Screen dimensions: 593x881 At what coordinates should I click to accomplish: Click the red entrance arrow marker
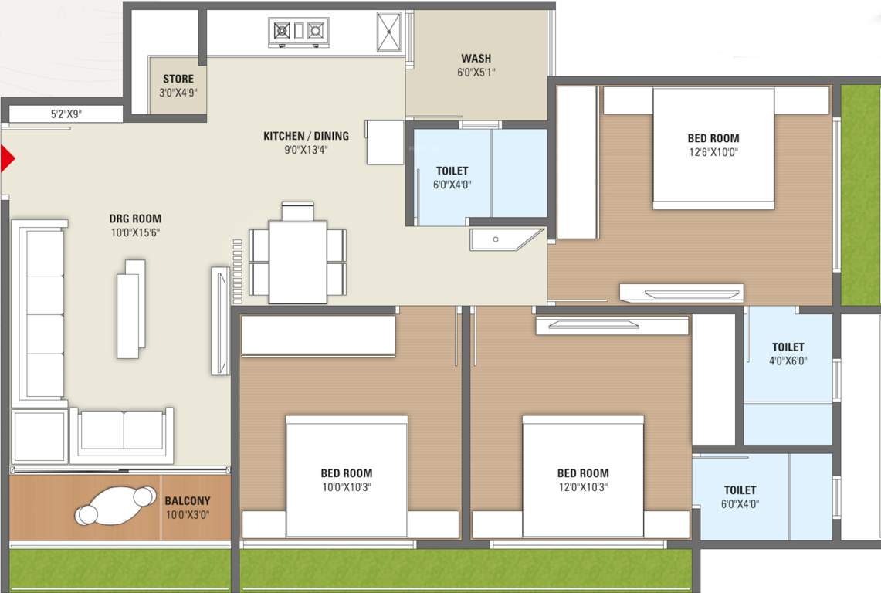(7, 158)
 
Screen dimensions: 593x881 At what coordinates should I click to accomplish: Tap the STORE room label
(178, 79)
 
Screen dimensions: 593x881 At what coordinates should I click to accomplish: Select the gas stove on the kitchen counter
(298, 31)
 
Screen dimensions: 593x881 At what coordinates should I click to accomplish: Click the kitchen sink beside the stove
(388, 31)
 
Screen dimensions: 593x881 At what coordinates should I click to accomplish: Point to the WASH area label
(476, 59)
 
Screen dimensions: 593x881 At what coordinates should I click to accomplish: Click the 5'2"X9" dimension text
(66, 114)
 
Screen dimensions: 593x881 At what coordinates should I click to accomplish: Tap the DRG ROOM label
(135, 219)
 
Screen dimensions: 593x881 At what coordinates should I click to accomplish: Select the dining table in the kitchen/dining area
(297, 262)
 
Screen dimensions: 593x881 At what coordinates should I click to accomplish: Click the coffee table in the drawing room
(131, 309)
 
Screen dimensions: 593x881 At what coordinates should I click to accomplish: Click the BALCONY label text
(187, 501)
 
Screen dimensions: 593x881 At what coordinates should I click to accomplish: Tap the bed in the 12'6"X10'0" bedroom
(713, 148)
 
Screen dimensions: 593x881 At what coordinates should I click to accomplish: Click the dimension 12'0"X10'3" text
(583, 487)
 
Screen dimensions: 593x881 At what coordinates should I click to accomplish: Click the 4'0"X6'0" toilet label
(788, 361)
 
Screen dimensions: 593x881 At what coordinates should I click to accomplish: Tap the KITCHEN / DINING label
(306, 136)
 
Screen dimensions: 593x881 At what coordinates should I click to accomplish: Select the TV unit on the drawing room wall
(220, 320)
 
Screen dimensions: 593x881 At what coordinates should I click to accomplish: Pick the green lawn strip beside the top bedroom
(859, 193)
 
